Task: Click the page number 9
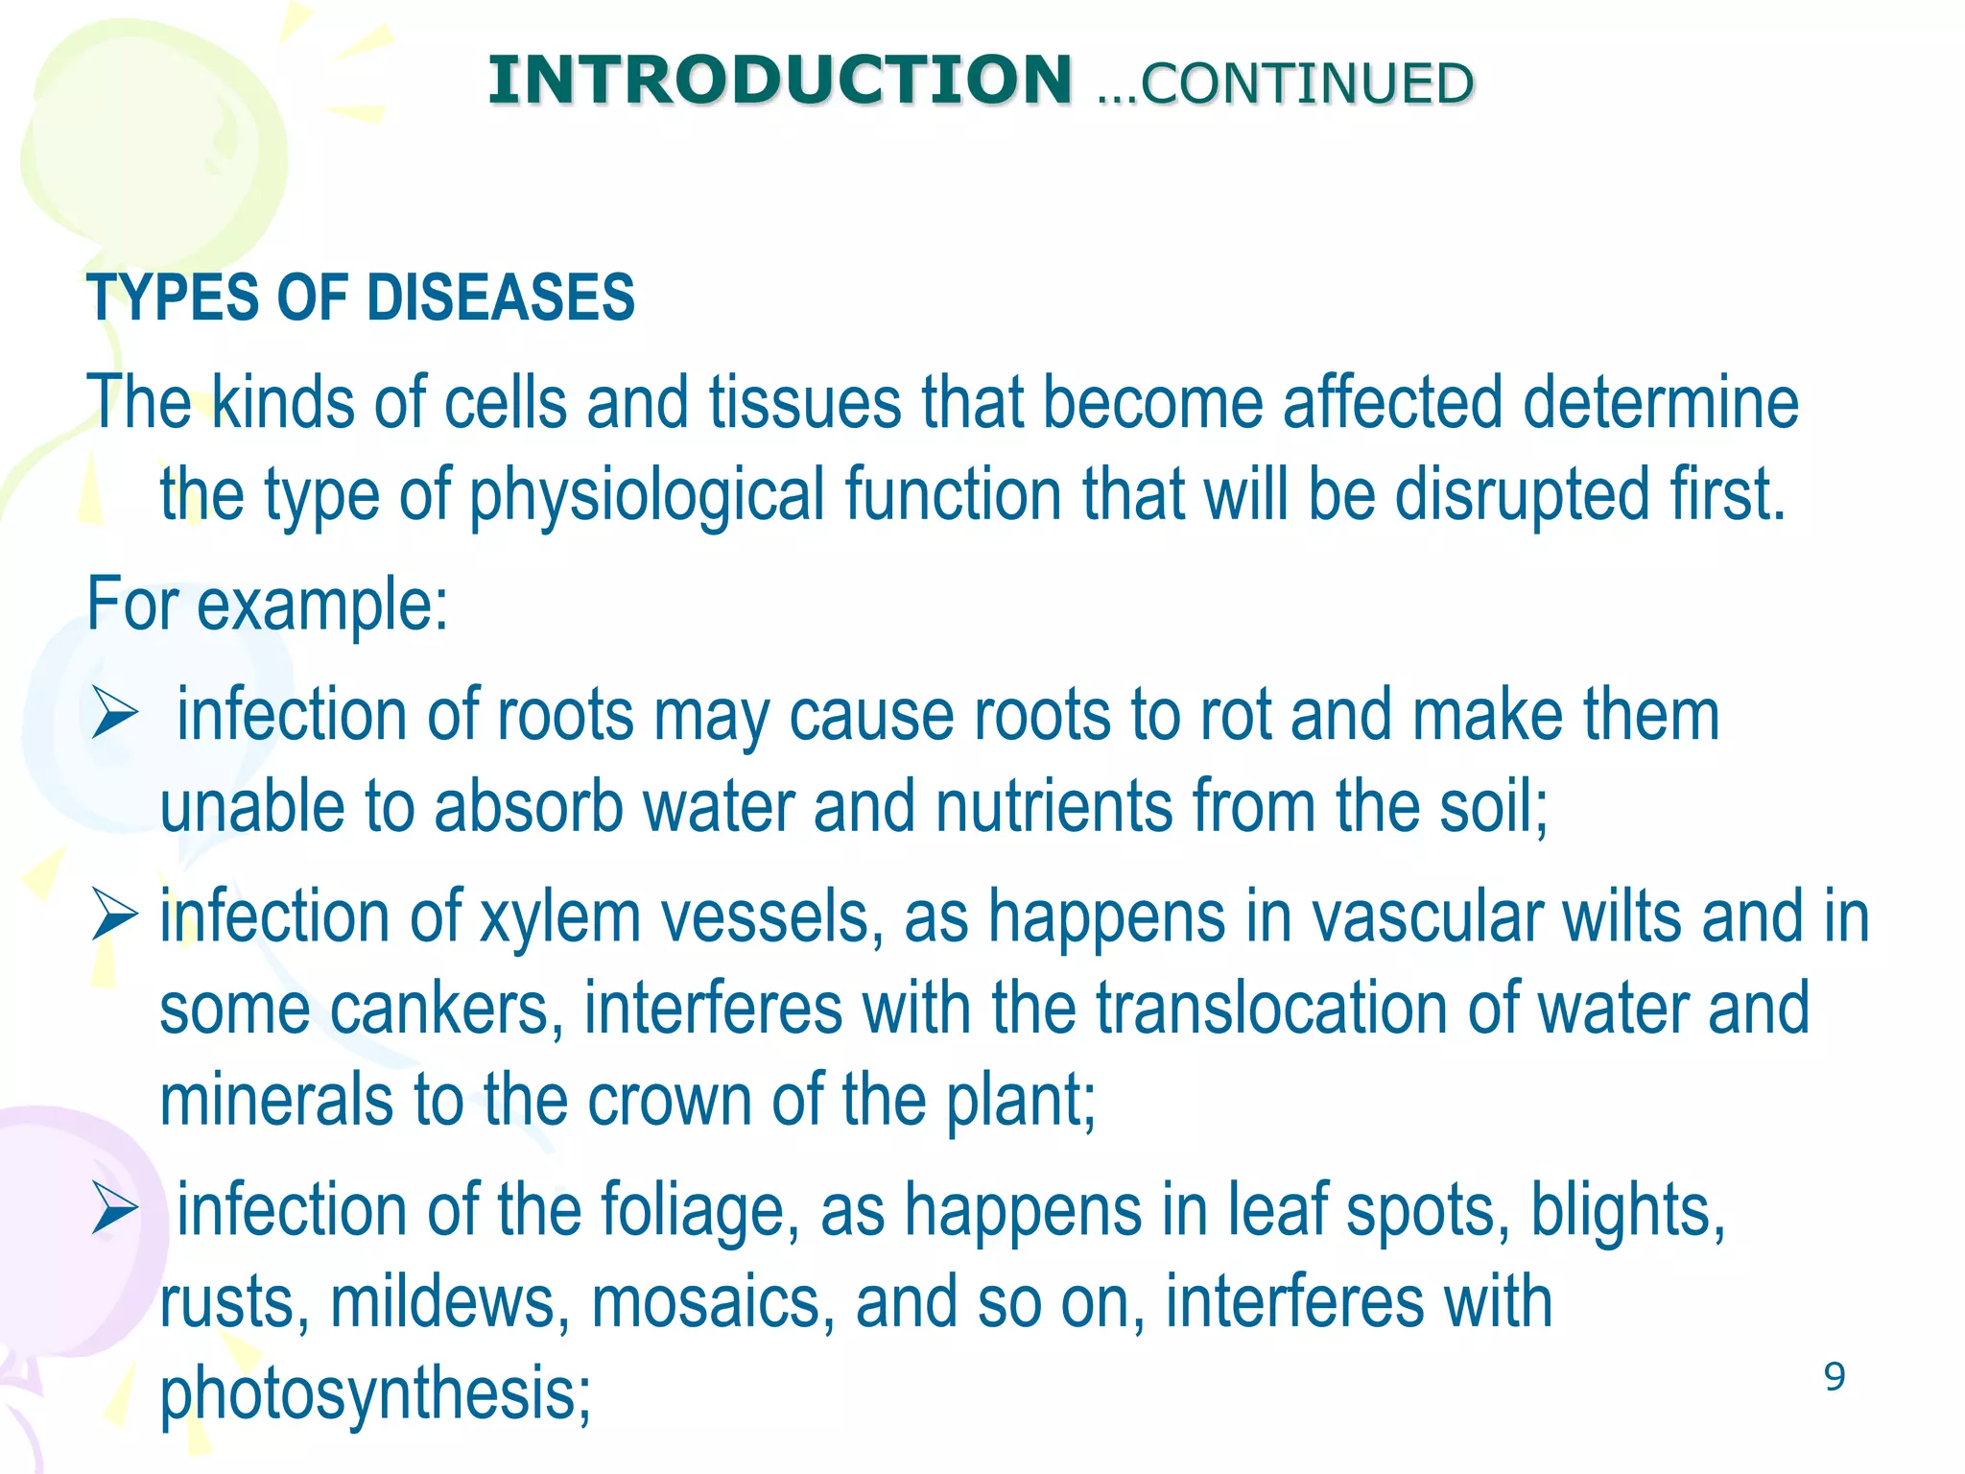pos(1834,1376)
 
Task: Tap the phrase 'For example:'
pos(268,605)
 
